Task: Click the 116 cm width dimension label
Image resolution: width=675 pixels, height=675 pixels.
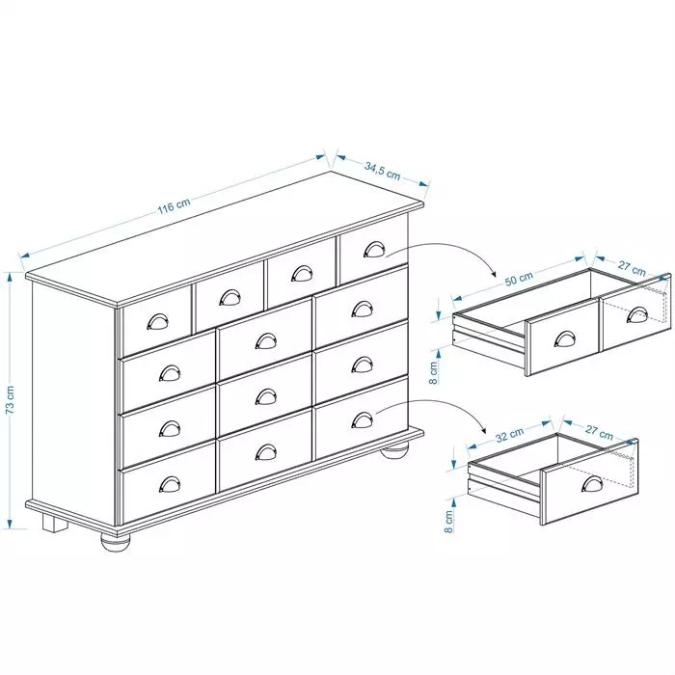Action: click(174, 206)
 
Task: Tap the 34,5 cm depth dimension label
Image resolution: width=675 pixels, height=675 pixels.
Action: click(382, 171)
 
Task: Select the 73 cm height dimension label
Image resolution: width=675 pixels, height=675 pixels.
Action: click(11, 399)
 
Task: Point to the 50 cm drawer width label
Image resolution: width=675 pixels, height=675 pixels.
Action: click(519, 278)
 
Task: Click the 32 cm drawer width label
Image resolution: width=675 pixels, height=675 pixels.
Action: click(510, 435)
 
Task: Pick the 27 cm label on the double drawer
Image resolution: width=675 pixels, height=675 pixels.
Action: click(632, 268)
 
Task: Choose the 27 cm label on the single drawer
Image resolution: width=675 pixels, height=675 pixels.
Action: click(599, 432)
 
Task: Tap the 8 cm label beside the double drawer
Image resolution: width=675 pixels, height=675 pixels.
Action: click(434, 372)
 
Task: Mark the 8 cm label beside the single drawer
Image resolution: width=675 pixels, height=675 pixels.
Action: click(448, 522)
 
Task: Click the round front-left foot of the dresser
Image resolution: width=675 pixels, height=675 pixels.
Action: click(116, 541)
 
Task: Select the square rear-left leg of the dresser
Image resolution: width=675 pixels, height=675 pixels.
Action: click(55, 524)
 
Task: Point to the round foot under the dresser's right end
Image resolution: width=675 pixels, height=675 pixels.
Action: click(395, 453)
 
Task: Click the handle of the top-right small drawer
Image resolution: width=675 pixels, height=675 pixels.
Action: click(374, 249)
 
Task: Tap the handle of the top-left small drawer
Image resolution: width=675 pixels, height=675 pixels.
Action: click(157, 321)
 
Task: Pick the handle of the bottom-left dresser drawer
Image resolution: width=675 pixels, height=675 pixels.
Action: click(170, 484)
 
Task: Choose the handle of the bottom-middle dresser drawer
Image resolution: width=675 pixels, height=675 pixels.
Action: click(266, 452)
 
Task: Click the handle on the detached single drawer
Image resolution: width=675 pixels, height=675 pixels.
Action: click(592, 483)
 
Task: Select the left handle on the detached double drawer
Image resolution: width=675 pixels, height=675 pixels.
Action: click(564, 338)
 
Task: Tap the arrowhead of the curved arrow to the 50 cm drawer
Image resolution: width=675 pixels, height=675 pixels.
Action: click(492, 273)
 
